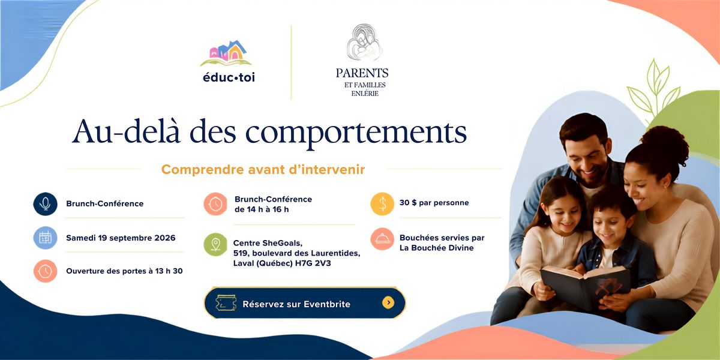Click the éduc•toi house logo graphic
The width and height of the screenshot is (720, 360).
point(226,53)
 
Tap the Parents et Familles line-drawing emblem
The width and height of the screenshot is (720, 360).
point(365,42)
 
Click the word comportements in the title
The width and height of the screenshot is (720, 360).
point(356,133)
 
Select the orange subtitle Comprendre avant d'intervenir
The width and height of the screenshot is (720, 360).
point(263,169)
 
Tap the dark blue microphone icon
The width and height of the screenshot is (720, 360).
point(46,204)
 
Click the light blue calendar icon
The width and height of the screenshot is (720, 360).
point(46,238)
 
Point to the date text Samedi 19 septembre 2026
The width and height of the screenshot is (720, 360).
point(121,238)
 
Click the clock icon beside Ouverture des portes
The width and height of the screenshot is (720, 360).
point(46,271)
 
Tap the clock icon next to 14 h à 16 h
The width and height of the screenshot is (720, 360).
point(215,204)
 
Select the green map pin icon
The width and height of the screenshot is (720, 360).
point(215,244)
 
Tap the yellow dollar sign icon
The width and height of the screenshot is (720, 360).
point(382,204)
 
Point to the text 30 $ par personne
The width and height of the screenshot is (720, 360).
point(434,203)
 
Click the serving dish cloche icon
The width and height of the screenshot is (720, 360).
point(382,239)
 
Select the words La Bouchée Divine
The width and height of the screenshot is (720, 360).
point(437,248)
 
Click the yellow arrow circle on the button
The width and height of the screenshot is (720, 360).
point(388,302)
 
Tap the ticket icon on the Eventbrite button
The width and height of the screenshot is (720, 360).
point(226,303)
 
